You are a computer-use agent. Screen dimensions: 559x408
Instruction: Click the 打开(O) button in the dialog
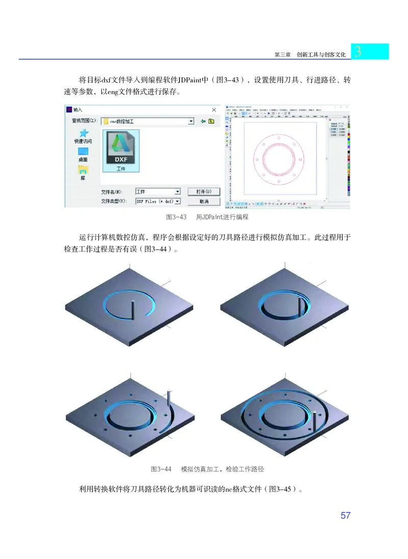(203, 192)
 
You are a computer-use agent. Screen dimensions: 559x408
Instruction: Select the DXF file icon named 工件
(120, 150)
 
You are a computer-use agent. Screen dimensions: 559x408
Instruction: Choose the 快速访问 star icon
(83, 132)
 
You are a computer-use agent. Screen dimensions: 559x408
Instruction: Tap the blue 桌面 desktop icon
(83, 151)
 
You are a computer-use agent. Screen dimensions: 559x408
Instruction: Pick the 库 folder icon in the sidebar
(83, 170)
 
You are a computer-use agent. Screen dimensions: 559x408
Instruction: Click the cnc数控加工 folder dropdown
(148, 121)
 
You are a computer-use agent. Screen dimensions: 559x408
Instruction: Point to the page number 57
(345, 516)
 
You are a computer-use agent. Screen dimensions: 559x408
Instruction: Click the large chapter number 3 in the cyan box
(358, 52)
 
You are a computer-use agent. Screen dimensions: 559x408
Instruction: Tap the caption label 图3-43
(176, 217)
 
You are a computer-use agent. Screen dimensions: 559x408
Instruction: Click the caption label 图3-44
(161, 469)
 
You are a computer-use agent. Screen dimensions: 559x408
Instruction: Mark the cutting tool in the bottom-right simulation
(315, 420)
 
